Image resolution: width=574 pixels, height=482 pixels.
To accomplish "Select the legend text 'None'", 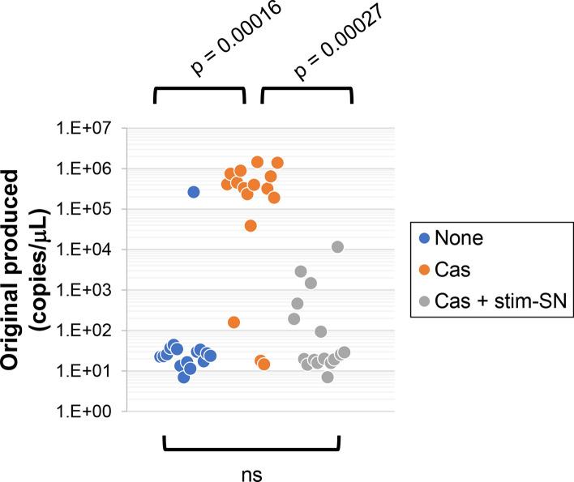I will [460, 238].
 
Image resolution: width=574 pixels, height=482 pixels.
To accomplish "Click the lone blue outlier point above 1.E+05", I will [194, 192].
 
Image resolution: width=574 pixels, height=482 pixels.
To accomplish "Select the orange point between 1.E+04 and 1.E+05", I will [251, 225].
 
